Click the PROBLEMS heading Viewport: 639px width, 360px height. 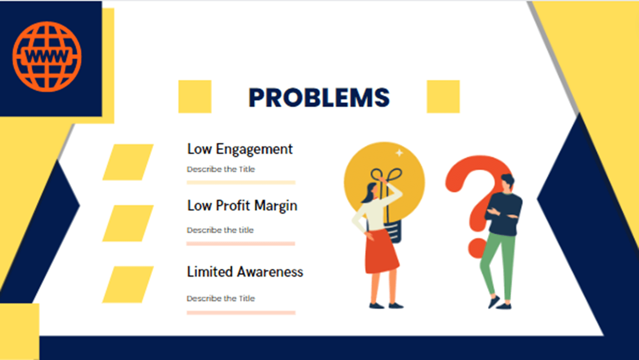[319, 98]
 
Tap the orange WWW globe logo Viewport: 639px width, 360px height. [47, 57]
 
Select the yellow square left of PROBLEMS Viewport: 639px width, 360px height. [195, 97]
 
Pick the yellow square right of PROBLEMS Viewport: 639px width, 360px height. [443, 97]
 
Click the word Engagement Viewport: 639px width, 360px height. [254, 149]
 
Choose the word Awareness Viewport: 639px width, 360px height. [270, 272]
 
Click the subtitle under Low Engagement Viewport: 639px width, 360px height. [221, 169]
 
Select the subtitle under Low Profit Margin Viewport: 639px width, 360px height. [220, 230]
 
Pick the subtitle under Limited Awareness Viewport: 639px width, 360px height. [221, 298]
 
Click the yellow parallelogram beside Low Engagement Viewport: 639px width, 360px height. [128, 162]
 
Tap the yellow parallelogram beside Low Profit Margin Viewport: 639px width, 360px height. [128, 223]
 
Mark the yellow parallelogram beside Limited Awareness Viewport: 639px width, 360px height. [128, 285]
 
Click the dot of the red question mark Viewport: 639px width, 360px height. [477, 248]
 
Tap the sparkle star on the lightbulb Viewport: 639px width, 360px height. [399, 153]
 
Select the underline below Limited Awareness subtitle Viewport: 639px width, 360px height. [241, 313]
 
